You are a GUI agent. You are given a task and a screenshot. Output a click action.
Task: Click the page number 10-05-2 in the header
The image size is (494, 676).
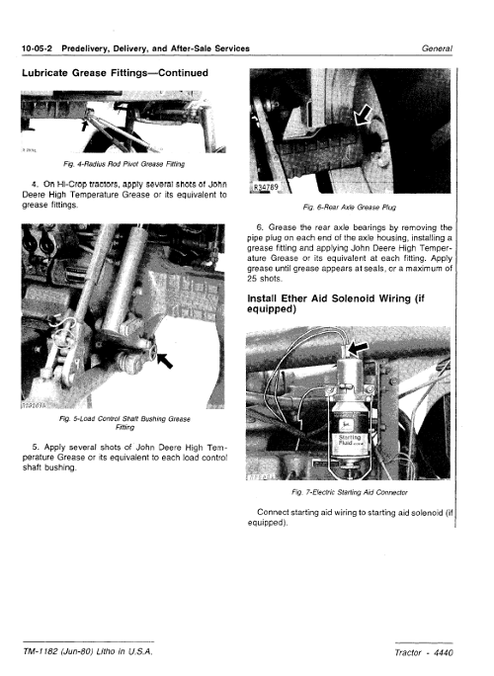pos(37,48)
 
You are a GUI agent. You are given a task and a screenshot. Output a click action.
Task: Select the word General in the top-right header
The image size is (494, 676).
pos(437,48)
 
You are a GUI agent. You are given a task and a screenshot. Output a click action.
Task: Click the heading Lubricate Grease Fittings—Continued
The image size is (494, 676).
pos(115,73)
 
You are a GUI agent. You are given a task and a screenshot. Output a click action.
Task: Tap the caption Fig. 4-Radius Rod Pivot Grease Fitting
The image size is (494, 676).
pos(123,164)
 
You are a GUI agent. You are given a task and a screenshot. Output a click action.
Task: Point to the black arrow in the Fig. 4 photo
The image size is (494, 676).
pos(85,125)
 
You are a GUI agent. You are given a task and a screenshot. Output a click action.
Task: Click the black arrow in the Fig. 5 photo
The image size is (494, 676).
pos(165,361)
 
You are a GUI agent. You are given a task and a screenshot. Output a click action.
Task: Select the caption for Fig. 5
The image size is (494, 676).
pos(124,423)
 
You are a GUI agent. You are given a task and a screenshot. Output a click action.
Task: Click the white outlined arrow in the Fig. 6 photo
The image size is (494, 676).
pos(363,116)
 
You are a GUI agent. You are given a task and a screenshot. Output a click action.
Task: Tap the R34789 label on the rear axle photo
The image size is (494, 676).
pos(266,187)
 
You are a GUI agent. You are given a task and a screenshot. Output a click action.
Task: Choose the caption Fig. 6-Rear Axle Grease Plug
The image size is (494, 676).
pos(350,208)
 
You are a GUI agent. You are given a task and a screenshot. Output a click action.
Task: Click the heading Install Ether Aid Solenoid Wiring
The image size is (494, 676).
pos(336,304)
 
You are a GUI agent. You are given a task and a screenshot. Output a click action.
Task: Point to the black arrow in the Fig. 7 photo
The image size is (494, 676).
pos(358,349)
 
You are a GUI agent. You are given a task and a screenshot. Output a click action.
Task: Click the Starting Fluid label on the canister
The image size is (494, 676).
pos(349,440)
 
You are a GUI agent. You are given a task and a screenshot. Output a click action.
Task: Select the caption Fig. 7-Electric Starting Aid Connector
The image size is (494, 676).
pos(350,492)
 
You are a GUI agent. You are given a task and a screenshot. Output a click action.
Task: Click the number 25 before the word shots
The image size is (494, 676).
pos(252,279)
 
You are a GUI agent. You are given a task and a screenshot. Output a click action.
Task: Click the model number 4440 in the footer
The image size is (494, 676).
pos(444,652)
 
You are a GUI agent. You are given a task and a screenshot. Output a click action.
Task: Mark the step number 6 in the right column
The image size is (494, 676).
pos(260,227)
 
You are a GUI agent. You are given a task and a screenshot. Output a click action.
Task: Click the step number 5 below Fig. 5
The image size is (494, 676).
pos(36,447)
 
